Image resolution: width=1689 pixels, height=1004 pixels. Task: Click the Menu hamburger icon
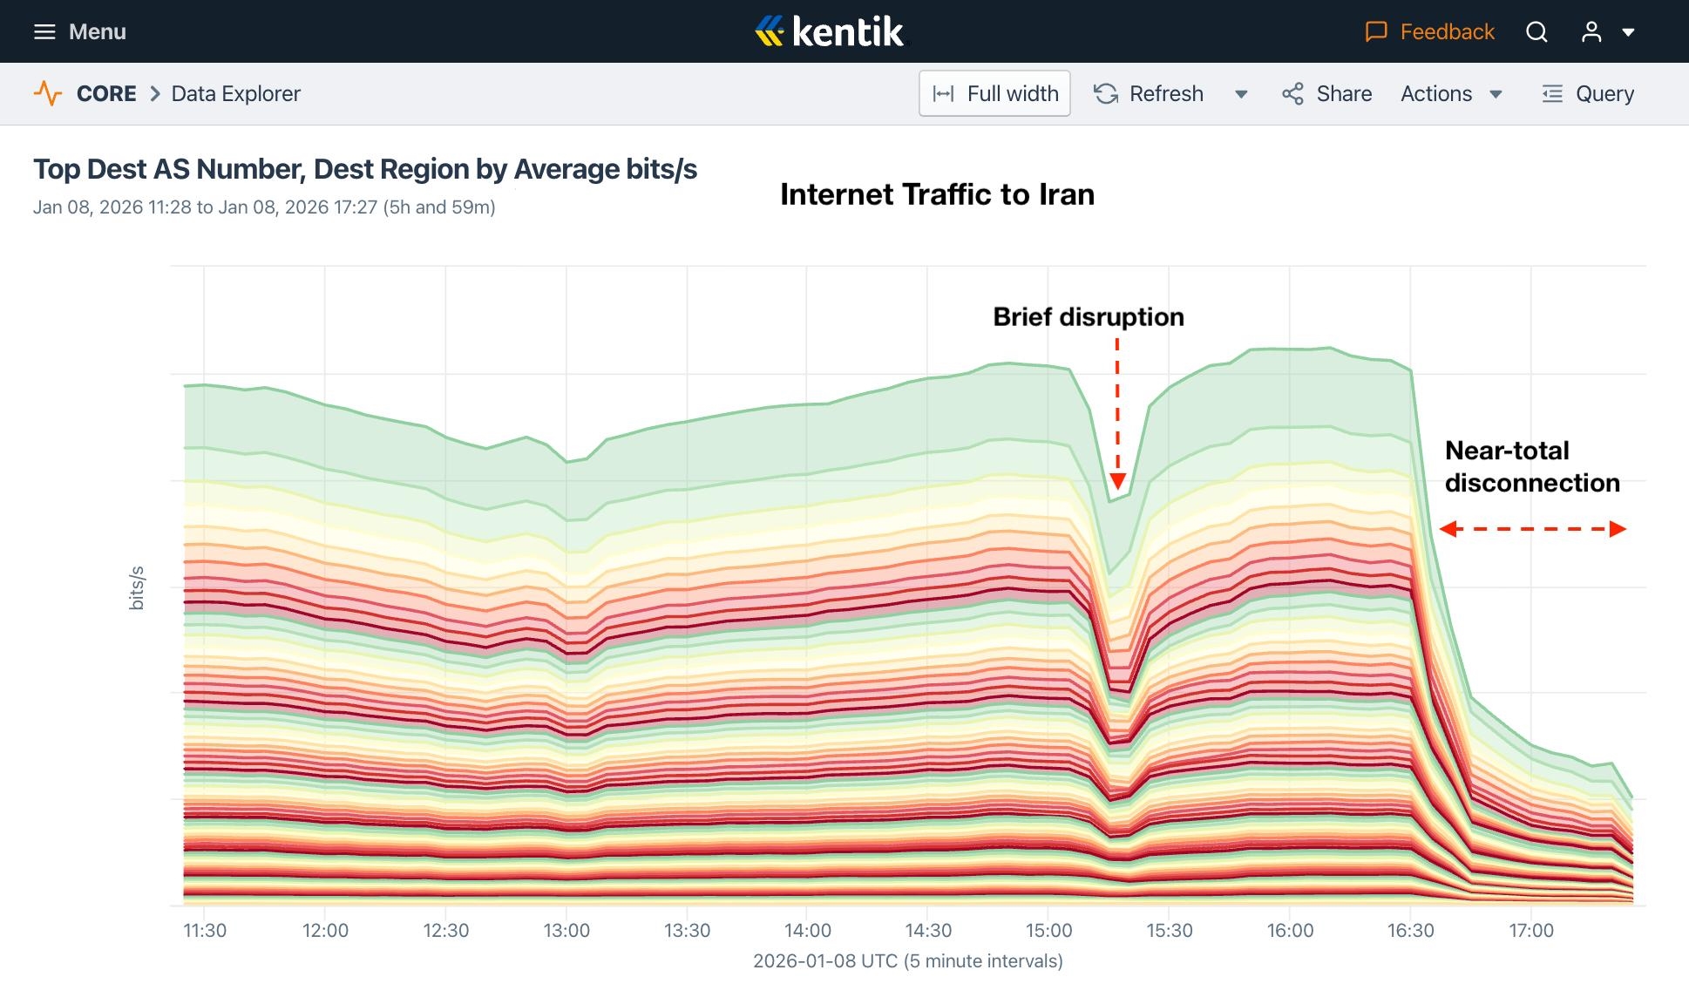[44, 32]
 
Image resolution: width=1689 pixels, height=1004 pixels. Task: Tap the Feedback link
[1429, 32]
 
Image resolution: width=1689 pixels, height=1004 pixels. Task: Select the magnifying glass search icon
[1536, 32]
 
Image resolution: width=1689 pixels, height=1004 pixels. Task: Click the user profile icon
[1591, 32]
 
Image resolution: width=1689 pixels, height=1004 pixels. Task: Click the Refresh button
[1150, 93]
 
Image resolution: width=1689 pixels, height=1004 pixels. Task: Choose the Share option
[1327, 93]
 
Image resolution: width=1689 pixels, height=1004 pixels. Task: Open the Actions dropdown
[1451, 93]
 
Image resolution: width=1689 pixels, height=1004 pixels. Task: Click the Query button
[1588, 93]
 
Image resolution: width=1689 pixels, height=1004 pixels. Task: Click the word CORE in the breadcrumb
[106, 93]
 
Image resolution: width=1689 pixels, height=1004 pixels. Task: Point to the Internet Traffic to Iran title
[937, 194]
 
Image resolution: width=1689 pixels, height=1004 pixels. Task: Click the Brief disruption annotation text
[1089, 316]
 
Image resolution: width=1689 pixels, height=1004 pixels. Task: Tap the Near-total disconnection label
[1531, 466]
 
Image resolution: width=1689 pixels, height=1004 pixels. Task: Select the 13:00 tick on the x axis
[566, 930]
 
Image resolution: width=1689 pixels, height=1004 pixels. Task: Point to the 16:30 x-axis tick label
[1410, 930]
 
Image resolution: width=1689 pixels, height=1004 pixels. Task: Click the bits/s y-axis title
[136, 587]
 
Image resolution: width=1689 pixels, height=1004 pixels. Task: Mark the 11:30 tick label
[205, 930]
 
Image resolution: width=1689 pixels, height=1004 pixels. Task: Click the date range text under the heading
[264, 207]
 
